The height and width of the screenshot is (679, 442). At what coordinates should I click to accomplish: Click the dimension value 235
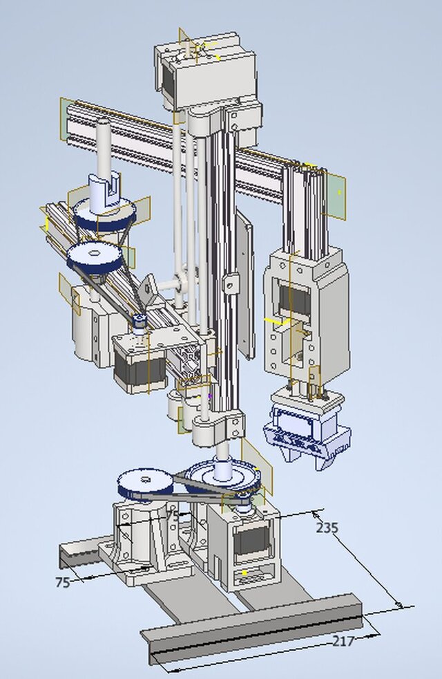[x=327, y=528]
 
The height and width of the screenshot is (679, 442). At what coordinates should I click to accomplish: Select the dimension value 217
[x=343, y=641]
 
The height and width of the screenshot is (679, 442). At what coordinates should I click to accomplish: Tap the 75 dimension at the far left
[x=62, y=582]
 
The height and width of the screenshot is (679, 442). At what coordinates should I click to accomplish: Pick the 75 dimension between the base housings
[x=173, y=515]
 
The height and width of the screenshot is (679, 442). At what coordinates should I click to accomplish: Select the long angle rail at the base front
[x=256, y=630]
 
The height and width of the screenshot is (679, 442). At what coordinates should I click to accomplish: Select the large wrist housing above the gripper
[x=305, y=311]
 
